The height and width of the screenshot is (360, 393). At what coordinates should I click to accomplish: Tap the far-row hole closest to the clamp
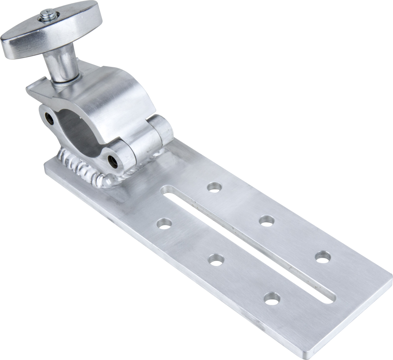(x=213, y=186)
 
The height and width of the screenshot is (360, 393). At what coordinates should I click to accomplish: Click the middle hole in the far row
(x=266, y=220)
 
